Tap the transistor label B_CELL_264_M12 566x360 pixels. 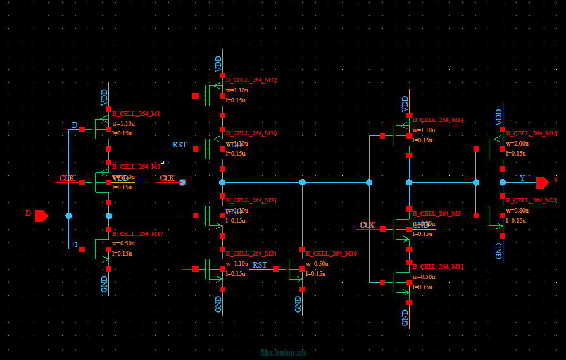click(x=251, y=80)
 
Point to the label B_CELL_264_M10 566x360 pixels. click(x=251, y=133)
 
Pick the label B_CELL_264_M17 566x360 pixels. click(x=138, y=234)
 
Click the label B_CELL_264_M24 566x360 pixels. click(x=251, y=254)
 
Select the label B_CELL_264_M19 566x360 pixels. click(x=331, y=254)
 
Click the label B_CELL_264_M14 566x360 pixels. click(x=438, y=120)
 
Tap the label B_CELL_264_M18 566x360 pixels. click(x=438, y=267)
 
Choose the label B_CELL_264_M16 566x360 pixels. click(x=531, y=133)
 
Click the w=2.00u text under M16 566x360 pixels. click(x=517, y=144)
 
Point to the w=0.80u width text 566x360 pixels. click(x=517, y=211)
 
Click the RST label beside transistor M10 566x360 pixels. click(x=180, y=145)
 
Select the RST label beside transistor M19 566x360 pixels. click(x=260, y=265)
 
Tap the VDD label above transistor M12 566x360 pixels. click(x=218, y=63)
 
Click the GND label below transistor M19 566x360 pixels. click(x=298, y=304)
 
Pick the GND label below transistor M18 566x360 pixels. click(x=405, y=318)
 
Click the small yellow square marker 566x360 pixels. click(x=162, y=162)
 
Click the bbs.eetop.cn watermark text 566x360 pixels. click(x=283, y=353)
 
